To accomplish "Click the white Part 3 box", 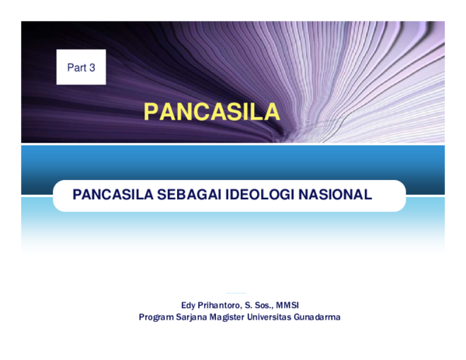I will coord(81,67).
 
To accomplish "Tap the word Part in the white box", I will coord(76,68).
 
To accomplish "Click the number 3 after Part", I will coord(92,68).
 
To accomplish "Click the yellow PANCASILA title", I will coord(212,112).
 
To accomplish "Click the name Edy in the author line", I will coord(189,305).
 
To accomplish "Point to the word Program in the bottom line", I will coord(156,317).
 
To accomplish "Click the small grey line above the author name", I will coord(235,293).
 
